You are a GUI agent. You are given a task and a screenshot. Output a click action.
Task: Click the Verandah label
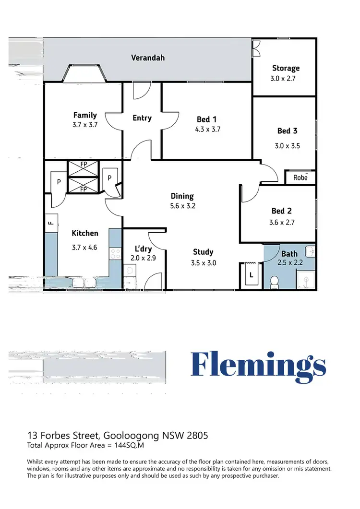[x=148, y=58]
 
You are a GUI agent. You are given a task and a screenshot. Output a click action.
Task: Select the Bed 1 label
[x=207, y=119]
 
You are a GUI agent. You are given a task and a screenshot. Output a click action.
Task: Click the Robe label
[x=300, y=177]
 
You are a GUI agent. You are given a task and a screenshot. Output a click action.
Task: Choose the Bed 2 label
[x=282, y=211]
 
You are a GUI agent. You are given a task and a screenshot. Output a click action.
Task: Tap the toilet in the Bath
[x=275, y=282]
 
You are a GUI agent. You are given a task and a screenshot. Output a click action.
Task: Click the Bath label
[x=289, y=253]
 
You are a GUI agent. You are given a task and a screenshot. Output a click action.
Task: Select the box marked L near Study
[x=251, y=276]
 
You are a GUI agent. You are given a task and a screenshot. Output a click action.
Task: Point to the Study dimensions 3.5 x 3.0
[x=203, y=262]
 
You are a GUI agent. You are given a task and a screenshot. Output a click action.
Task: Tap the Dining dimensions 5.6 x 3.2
[x=182, y=206]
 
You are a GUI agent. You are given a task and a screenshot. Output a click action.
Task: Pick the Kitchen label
[x=85, y=233]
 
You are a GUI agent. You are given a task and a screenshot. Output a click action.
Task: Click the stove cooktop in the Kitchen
[x=115, y=253]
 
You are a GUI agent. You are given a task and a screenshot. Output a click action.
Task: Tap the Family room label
[x=85, y=115]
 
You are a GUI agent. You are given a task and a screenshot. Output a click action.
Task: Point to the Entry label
[x=142, y=118]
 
